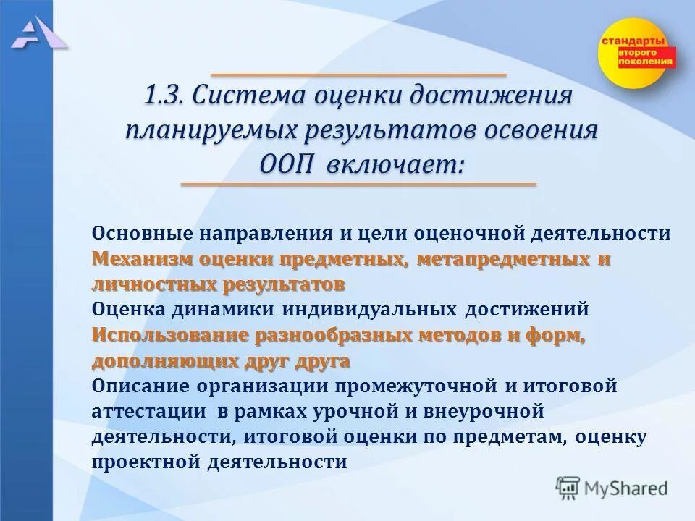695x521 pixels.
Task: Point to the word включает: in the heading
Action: tap(393, 165)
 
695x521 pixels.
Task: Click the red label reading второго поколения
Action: tap(646, 58)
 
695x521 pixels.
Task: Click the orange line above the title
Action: tap(358, 75)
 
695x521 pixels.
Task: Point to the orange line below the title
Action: tap(358, 185)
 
